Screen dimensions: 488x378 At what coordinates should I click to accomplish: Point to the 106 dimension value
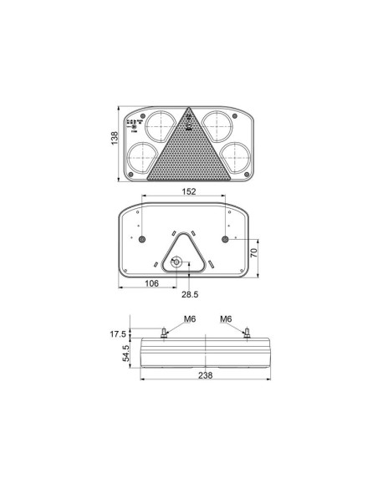[152, 283]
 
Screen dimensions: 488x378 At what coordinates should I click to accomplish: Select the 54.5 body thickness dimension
[127, 354]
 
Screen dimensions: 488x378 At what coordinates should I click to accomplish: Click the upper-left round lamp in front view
[159, 126]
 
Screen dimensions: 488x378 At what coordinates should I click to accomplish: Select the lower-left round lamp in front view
[140, 158]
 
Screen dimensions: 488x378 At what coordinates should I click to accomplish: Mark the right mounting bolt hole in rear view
[226, 241]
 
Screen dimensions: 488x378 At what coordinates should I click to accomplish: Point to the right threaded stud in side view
[247, 333]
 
